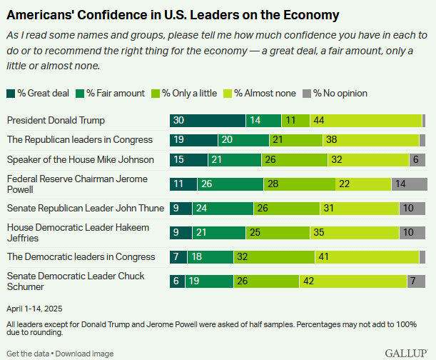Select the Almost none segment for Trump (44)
tap(365, 120)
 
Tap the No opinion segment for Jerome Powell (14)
tap(408, 184)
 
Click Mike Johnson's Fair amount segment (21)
tap(235, 160)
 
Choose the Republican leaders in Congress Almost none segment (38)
tap(370, 140)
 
